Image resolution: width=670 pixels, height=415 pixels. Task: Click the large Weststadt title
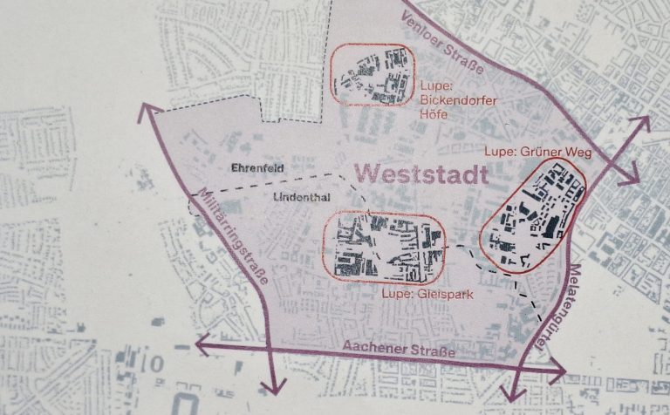click(x=423, y=173)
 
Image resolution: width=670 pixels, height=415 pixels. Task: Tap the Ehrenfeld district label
click(x=257, y=167)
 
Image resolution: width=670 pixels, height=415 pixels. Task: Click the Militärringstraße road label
click(x=233, y=230)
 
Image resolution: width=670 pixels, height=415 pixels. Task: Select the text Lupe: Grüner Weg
click(x=538, y=153)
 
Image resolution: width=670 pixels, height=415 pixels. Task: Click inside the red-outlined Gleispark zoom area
click(x=383, y=248)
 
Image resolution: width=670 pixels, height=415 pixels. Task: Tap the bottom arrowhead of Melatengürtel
click(x=513, y=392)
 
